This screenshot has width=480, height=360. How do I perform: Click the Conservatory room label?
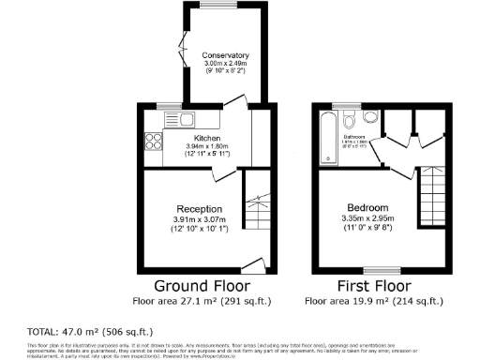tap(226, 56)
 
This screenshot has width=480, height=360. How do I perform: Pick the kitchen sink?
tap(179, 120)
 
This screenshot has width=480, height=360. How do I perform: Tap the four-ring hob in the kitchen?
tap(153, 142)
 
